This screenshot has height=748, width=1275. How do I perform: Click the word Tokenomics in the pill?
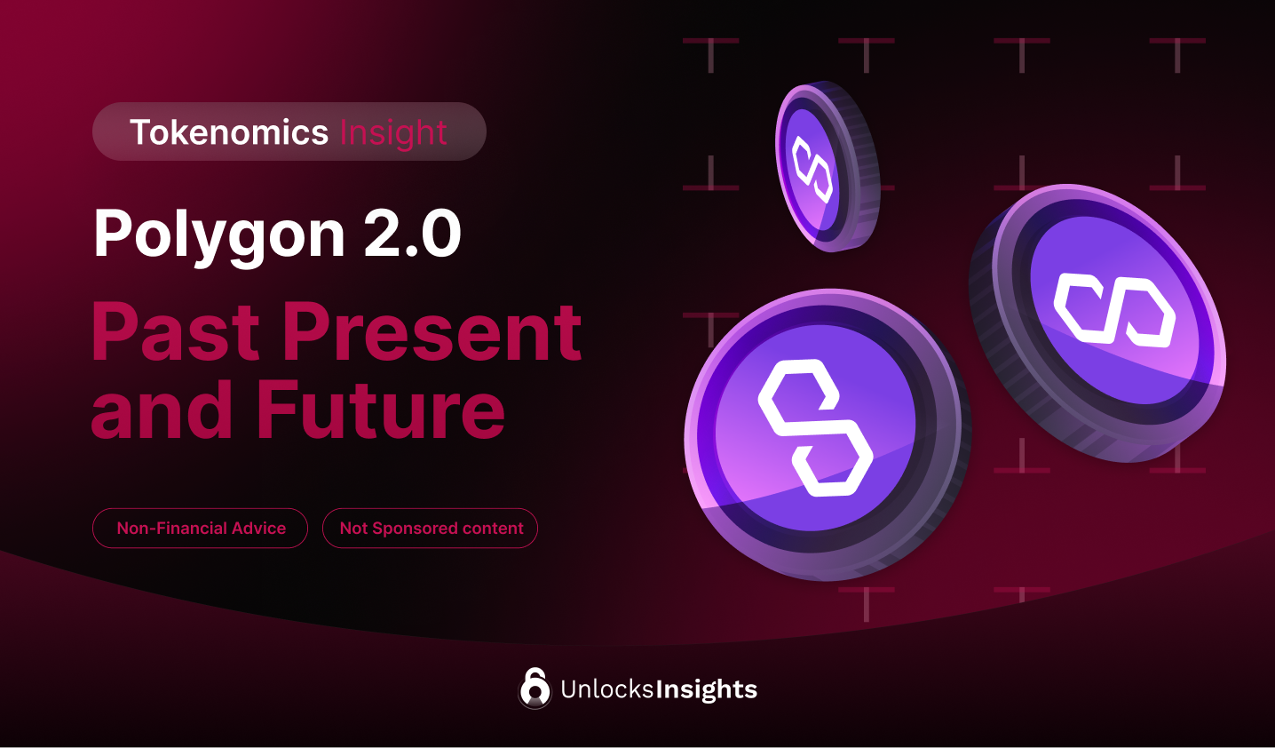229,132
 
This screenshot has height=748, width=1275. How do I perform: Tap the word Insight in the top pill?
392,133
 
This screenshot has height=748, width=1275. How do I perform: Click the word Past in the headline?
176,332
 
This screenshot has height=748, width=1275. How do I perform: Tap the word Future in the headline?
381,410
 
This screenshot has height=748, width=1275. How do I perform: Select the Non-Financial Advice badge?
201,529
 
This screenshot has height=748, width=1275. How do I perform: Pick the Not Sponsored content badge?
431,529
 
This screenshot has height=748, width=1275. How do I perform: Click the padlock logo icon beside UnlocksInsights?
535,688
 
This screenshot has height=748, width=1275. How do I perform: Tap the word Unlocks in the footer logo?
607,689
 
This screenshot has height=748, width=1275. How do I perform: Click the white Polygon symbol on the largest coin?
815,427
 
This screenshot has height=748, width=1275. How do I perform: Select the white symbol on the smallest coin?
812,169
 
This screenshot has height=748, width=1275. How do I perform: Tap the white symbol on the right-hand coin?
1114,310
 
